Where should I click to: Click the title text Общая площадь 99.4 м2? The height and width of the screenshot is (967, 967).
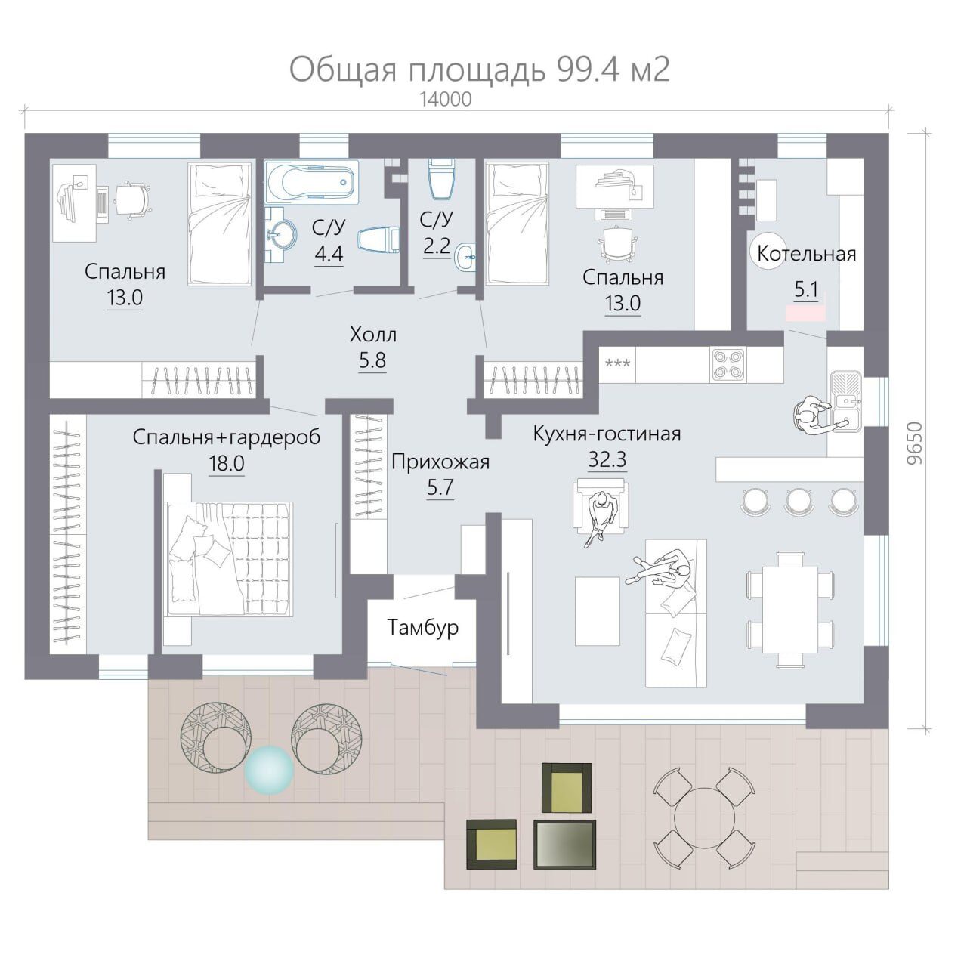click(479, 70)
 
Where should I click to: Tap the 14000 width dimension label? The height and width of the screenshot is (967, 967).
click(446, 100)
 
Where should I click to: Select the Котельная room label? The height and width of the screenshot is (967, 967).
click(806, 253)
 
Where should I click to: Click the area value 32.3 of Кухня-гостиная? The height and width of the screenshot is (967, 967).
click(607, 459)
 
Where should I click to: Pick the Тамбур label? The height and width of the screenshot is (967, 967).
click(422, 627)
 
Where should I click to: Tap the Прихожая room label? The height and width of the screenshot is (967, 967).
click(440, 462)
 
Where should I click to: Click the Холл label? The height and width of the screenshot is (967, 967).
click(372, 335)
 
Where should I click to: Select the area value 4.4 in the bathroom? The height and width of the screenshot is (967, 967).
click(329, 253)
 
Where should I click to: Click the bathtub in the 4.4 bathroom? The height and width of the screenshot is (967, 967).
click(310, 182)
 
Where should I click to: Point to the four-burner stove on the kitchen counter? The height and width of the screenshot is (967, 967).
click(728, 364)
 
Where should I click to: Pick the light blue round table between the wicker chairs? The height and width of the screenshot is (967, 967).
click(269, 771)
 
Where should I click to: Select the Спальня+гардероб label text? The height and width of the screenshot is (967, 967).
click(227, 437)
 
